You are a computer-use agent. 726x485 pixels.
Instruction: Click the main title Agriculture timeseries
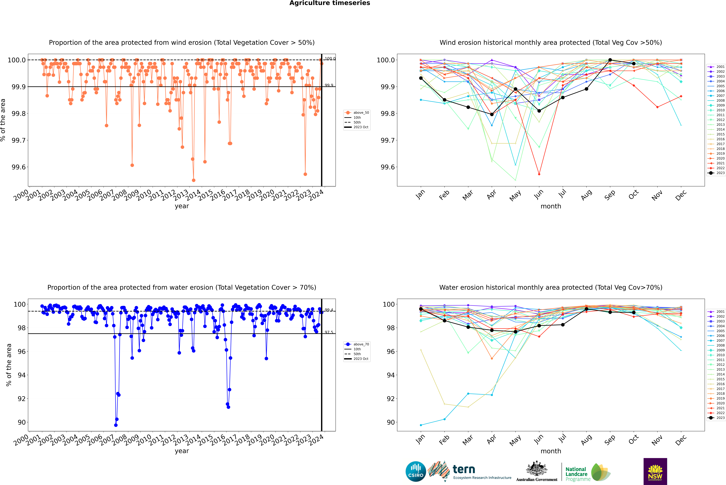(330, 3)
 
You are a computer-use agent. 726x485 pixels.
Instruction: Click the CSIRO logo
(416, 471)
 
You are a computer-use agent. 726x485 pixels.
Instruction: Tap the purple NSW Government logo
(655, 471)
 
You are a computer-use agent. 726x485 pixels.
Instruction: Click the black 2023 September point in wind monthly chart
(610, 60)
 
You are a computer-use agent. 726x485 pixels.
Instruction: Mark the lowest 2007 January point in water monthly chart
(421, 425)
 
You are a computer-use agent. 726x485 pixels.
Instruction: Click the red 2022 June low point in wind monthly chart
(539, 174)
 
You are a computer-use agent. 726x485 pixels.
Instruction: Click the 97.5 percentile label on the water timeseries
(329, 332)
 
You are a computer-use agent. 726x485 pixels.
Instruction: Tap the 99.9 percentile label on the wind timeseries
(329, 85)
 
